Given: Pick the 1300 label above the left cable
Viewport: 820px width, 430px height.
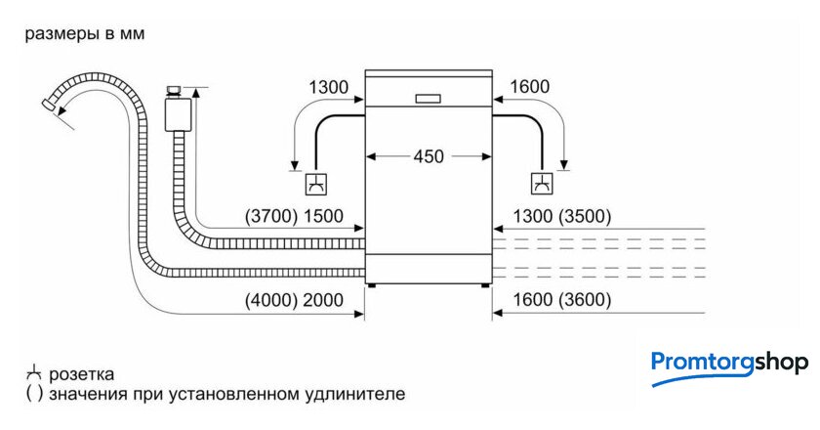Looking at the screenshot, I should (x=328, y=88).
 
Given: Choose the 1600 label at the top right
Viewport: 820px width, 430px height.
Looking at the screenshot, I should (x=530, y=88).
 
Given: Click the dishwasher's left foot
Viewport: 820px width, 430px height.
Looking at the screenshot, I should (x=371, y=285).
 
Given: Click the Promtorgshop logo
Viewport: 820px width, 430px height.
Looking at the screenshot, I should (x=728, y=365).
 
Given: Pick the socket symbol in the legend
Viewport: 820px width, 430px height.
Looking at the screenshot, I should (x=34, y=373).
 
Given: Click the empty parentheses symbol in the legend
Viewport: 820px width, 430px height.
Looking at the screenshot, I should (x=34, y=395).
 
